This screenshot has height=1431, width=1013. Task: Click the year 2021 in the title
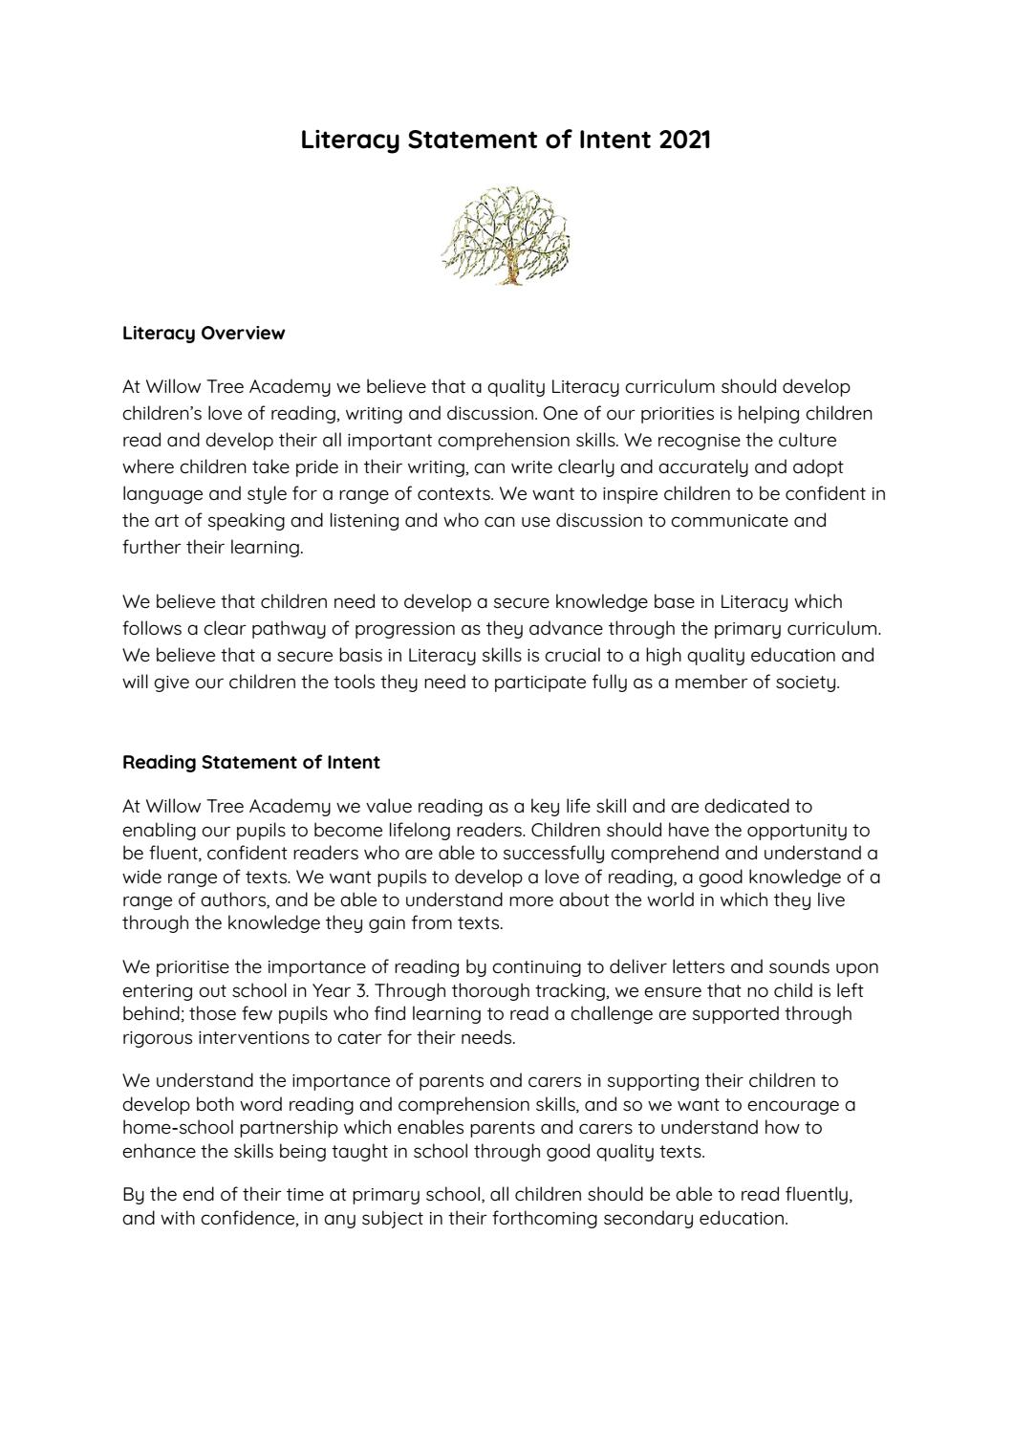coord(684,140)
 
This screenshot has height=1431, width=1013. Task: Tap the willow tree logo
coord(506,236)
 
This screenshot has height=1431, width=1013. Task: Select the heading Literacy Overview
coord(204,334)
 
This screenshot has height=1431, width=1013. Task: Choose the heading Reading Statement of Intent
coord(251,763)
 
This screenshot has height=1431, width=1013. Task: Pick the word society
coord(808,683)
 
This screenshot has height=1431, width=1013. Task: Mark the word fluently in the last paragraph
coord(819,1196)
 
